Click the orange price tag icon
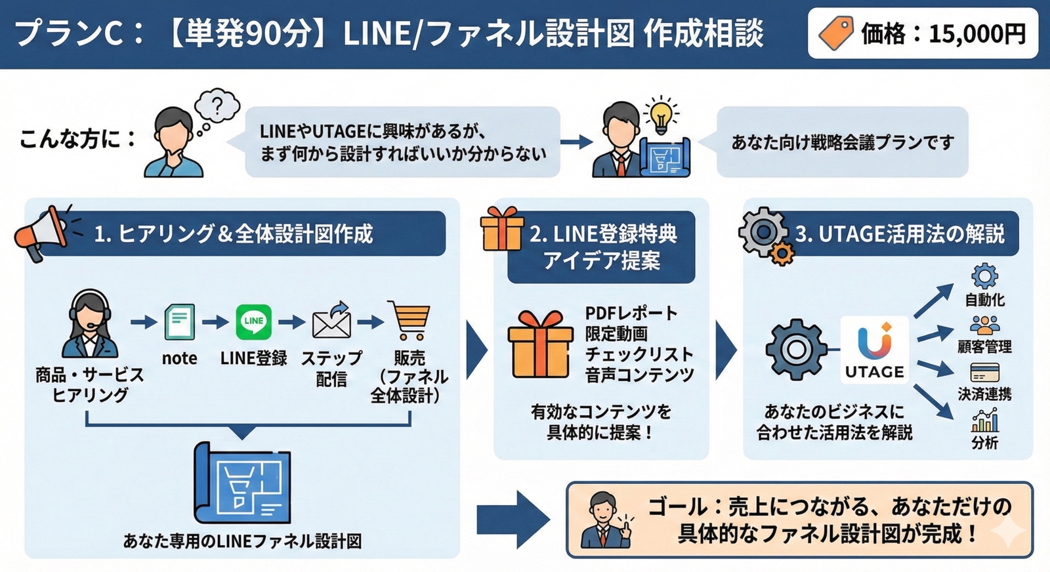(x=835, y=33)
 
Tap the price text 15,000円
(x=977, y=33)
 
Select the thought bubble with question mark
(x=217, y=106)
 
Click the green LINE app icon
(x=253, y=321)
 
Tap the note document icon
(x=179, y=321)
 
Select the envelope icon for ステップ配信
(x=331, y=321)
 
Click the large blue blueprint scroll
(x=242, y=482)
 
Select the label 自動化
(x=984, y=300)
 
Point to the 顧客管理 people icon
(x=984, y=325)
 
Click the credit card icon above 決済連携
(x=984, y=373)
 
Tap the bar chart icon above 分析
(x=984, y=420)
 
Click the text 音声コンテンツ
(x=639, y=375)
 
